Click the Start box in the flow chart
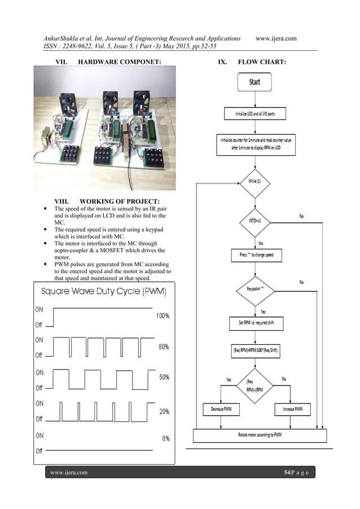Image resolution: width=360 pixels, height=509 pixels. [x=254, y=82]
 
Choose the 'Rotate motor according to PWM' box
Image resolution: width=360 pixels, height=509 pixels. [x=256, y=435]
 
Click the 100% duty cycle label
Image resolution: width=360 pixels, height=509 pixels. [x=162, y=316]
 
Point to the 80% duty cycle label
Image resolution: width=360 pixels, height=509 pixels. [x=163, y=347]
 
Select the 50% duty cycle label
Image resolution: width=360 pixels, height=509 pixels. [x=163, y=377]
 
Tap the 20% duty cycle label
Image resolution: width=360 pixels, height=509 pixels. [x=163, y=411]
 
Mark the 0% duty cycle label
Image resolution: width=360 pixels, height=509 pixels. [x=165, y=438]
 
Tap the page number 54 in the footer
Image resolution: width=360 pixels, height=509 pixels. [x=287, y=471]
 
